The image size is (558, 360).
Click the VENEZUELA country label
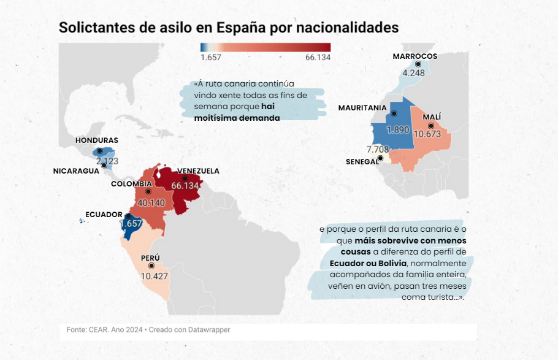tap(198, 171)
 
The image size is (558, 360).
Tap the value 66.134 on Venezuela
tap(185, 185)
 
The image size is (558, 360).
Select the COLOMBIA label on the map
tap(131, 184)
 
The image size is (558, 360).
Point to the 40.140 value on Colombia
tap(151, 203)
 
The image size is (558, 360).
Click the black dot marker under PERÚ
tap(151, 266)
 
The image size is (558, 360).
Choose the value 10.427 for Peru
tap(154, 277)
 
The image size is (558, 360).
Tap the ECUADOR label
tap(104, 215)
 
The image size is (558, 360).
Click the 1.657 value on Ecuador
tap(131, 224)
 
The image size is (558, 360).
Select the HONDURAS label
tap(97, 140)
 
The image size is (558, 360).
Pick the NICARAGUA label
tap(76, 171)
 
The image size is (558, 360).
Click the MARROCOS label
tap(415, 56)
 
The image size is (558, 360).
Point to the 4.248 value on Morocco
tap(413, 73)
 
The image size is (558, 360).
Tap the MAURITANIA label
tap(362, 108)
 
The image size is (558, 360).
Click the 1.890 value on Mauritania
tap(398, 130)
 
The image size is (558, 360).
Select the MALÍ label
tap(432, 117)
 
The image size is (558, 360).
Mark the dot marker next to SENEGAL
tap(380, 158)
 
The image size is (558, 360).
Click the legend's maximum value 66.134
tap(318, 57)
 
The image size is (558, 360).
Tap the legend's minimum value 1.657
tap(211, 57)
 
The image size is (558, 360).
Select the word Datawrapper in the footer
tap(209, 330)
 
